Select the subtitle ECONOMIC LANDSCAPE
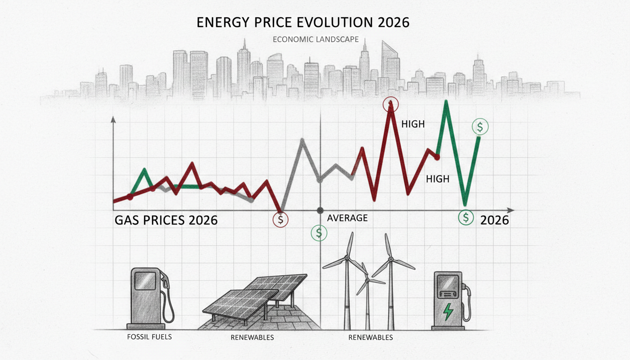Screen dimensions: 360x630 coord(315,39)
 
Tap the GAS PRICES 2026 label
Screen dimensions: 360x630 coord(166,220)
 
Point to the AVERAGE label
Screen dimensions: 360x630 coord(347,218)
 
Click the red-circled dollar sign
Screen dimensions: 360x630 coord(281,219)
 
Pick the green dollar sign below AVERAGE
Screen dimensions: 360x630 coord(319,232)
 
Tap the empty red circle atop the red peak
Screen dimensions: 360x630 coord(390,104)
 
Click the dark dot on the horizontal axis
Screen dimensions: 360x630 coord(320,210)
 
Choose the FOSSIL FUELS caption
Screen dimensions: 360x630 coord(149,337)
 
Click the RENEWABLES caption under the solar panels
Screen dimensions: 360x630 coord(252,337)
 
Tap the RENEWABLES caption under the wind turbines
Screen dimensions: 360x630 coord(371,337)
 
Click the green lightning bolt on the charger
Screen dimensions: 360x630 coord(449,311)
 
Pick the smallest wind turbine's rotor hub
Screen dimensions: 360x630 coord(368,281)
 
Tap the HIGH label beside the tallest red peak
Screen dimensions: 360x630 coord(413,124)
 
